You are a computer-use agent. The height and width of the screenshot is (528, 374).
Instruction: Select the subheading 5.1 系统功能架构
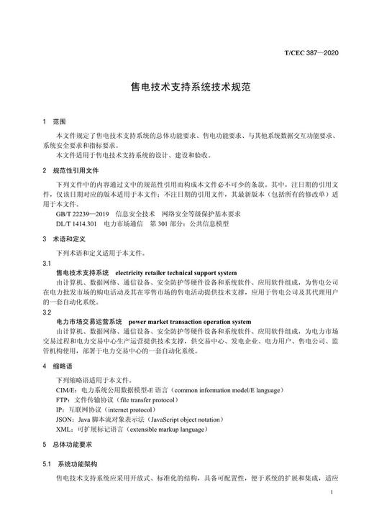point(75,463)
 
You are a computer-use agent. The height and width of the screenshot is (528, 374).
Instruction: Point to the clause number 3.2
point(47,312)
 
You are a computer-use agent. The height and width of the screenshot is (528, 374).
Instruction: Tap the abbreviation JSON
point(65,418)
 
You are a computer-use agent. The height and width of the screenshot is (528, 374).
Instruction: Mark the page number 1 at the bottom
point(329,493)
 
